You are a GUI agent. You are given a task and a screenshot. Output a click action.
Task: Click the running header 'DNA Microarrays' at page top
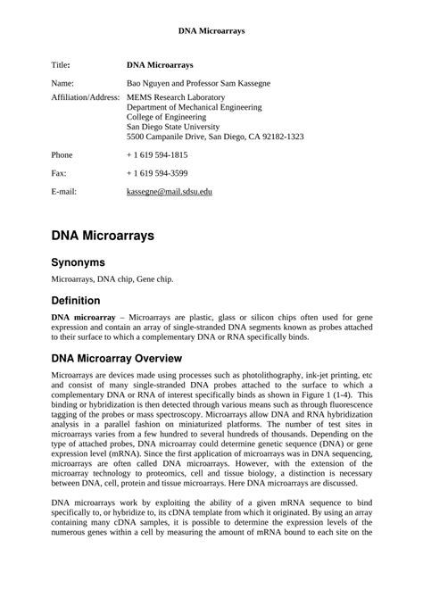(211, 30)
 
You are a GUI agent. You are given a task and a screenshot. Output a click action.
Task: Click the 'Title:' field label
(62, 65)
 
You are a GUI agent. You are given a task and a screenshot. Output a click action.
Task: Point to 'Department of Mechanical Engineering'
(195, 106)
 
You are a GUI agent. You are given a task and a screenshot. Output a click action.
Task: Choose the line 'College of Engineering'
(170, 117)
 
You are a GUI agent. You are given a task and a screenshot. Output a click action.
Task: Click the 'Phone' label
(62, 154)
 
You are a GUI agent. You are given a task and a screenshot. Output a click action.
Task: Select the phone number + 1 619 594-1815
(157, 154)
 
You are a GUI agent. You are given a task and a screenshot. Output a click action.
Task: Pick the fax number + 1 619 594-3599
(157, 173)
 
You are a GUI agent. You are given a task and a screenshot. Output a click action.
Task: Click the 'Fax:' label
(60, 173)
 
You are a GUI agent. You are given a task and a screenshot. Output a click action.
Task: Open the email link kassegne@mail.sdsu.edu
(170, 192)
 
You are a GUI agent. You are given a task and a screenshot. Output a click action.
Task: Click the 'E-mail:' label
(64, 192)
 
